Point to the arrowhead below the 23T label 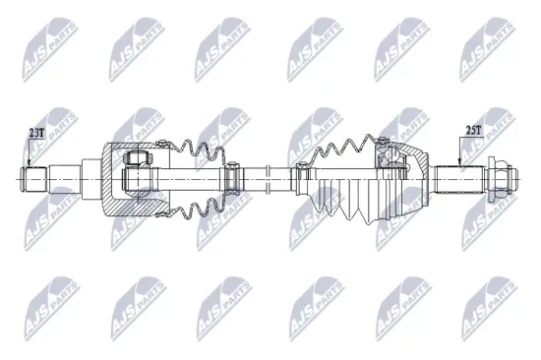[x=30, y=163]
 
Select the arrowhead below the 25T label [x=459, y=163]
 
